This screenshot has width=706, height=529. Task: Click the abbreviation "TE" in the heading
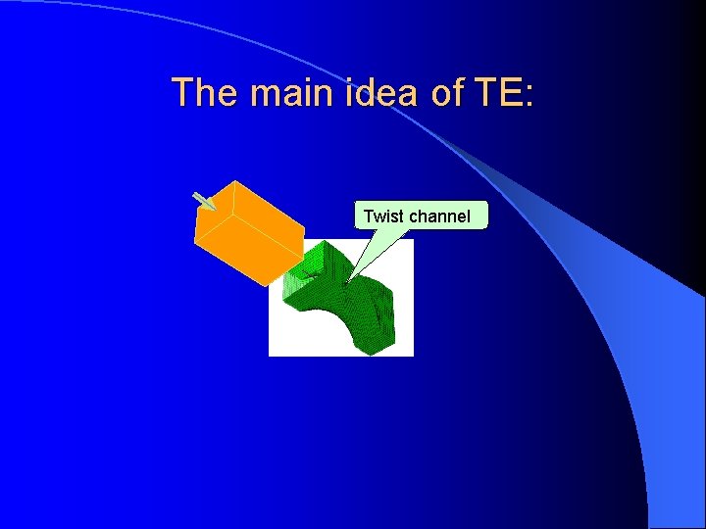pyautogui.click(x=499, y=93)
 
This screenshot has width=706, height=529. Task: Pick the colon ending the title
pyautogui.click(x=529, y=96)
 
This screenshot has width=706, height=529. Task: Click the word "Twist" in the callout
pyautogui.click(x=384, y=216)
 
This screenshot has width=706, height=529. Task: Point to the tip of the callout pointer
pyautogui.click(x=348, y=282)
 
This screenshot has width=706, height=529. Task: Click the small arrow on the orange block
pyautogui.click(x=204, y=201)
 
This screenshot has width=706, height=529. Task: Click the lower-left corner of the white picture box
pyautogui.click(x=270, y=355)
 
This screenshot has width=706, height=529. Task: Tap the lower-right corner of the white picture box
pyautogui.click(x=413, y=355)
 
